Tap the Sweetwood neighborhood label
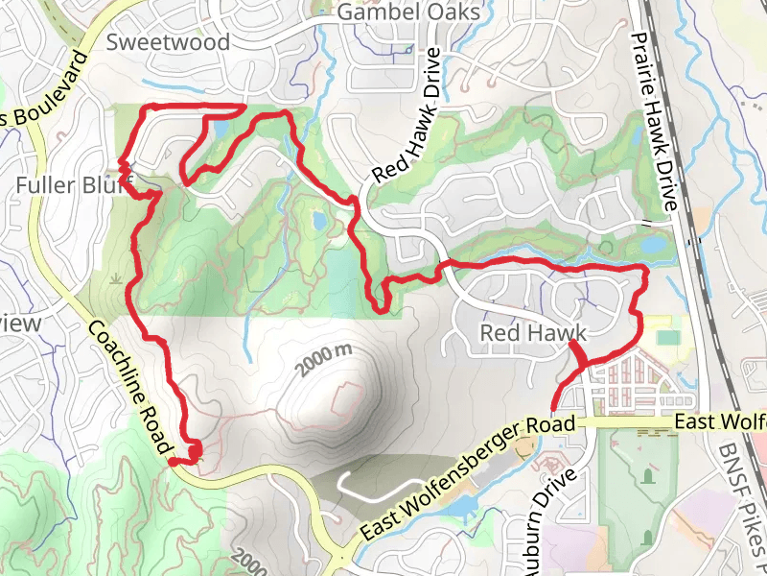pyautogui.click(x=168, y=42)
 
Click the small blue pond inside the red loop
pyautogui.click(x=221, y=128)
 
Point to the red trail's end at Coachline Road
pyautogui.click(x=174, y=462)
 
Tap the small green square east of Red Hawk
pyautogui.click(x=667, y=339)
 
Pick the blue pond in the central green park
pyautogui.click(x=318, y=222)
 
